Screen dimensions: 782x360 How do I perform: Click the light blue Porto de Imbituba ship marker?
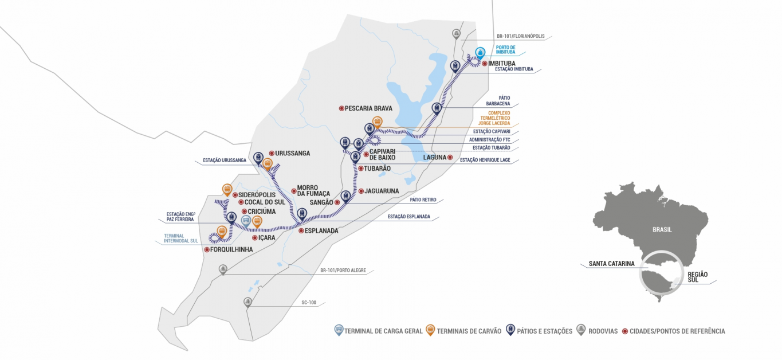480,53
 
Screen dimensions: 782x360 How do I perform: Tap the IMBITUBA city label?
502,64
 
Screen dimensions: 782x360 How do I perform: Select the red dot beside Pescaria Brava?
341,108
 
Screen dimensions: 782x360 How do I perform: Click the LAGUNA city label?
435,158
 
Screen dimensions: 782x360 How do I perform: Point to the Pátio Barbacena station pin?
437,108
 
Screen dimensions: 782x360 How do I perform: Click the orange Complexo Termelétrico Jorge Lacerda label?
494,118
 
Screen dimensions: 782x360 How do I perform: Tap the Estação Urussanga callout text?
225,161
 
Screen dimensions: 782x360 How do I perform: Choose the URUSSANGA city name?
293,153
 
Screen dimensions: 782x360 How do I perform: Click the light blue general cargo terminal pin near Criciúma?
246,221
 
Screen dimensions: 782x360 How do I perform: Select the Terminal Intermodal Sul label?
181,238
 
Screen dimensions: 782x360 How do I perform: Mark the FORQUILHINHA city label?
231,250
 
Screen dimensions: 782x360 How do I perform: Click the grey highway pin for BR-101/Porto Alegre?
223,269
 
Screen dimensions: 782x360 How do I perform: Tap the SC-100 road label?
309,303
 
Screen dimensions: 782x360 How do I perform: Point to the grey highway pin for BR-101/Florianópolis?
456,34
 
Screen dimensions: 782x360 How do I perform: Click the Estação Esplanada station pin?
302,214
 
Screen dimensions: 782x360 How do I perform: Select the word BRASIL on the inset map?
662,230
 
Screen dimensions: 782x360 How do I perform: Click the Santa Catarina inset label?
612,264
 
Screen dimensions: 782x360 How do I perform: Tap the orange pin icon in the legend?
430,330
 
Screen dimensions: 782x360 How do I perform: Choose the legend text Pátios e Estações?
545,331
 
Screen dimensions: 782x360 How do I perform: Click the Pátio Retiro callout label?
423,199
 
